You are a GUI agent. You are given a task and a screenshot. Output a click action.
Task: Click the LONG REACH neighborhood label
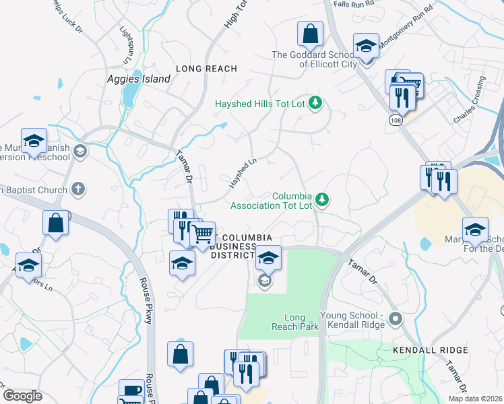(206, 69)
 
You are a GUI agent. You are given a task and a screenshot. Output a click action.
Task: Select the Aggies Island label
(139, 79)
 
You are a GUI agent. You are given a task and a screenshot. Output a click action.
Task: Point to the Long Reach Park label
(295, 322)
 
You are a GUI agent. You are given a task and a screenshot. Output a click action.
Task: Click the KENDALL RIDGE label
(430, 350)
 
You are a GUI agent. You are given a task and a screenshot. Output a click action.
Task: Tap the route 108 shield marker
(396, 119)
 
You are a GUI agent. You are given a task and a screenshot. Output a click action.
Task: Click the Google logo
(23, 395)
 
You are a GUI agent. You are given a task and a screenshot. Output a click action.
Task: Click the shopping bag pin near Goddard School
(311, 33)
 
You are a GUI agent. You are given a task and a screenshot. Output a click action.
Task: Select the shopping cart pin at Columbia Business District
(202, 234)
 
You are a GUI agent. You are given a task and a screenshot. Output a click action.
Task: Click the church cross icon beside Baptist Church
(78, 189)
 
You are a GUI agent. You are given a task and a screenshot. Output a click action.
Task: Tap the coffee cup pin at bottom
(131, 391)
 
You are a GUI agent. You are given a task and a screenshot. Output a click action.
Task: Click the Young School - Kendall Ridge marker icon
(395, 318)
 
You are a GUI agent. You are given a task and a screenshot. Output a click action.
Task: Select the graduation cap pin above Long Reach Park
(268, 257)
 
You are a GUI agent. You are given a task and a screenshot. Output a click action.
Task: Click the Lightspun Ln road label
(125, 45)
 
